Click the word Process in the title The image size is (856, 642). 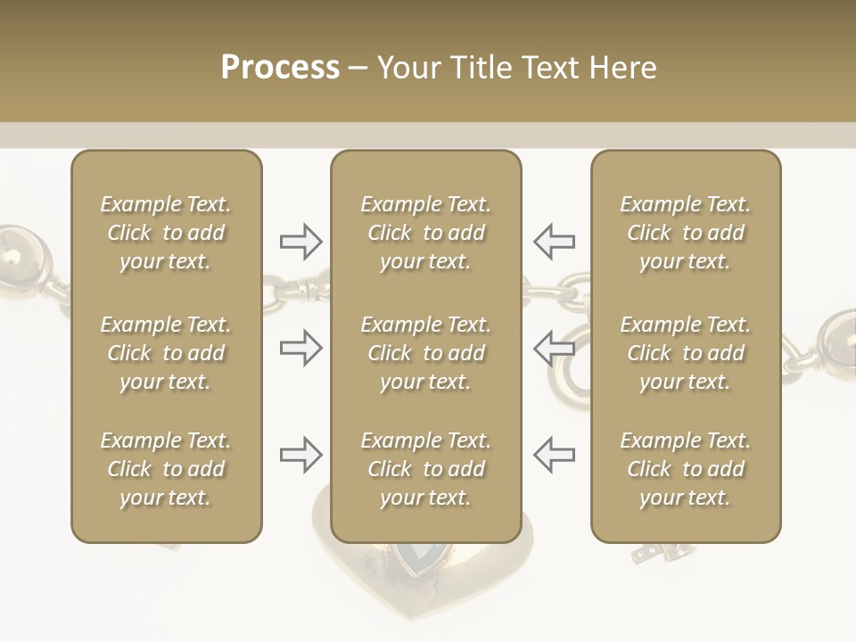(x=280, y=67)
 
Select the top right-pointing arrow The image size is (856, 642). (x=300, y=240)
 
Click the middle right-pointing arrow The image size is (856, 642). (x=300, y=348)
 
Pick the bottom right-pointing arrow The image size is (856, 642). (x=300, y=455)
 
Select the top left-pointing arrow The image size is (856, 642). (x=554, y=240)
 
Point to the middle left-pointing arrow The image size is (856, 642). (x=554, y=348)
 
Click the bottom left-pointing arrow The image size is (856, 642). (x=554, y=455)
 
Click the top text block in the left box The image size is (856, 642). (x=166, y=233)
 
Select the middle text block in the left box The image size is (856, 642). (x=166, y=353)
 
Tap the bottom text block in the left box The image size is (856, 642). (x=166, y=469)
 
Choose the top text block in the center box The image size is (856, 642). (x=425, y=233)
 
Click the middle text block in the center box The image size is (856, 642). (x=425, y=353)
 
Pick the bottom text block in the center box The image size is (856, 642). (x=425, y=469)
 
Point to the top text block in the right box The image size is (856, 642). (x=685, y=233)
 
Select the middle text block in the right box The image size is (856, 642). (x=685, y=353)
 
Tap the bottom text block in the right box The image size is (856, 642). (x=685, y=469)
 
